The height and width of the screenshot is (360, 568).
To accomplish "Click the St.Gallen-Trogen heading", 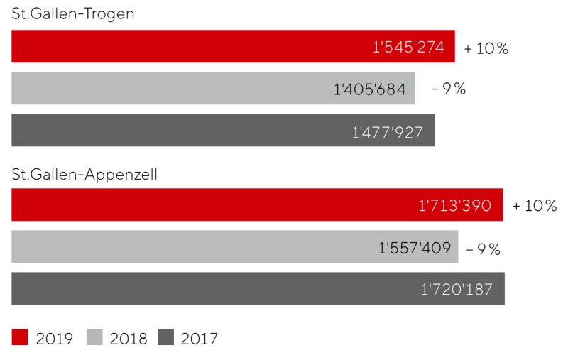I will click(73, 14).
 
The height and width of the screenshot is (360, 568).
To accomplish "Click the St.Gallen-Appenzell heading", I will click(84, 174).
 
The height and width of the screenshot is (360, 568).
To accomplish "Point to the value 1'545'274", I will click(409, 48).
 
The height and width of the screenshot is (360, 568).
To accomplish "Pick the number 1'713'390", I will click(455, 206).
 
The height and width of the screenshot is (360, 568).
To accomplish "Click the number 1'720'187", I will click(457, 290).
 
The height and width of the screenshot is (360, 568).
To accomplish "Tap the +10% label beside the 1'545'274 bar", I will click(486, 48).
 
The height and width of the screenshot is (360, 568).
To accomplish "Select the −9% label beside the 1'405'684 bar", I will click(449, 89).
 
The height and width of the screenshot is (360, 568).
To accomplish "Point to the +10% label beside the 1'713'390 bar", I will click(535, 206).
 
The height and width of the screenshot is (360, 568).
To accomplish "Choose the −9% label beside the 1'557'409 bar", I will click(484, 249).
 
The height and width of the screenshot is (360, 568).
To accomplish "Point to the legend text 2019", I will click(54, 339).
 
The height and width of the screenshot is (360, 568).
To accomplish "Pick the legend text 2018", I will click(129, 339).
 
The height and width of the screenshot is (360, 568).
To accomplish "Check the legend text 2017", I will click(200, 339).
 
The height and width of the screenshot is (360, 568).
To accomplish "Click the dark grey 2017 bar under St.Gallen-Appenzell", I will click(213, 289).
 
